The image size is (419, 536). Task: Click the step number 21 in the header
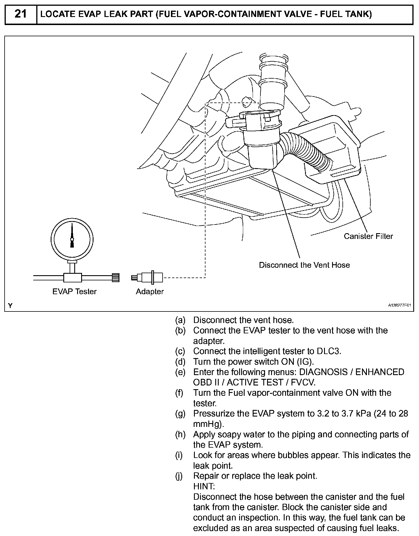tap(20, 14)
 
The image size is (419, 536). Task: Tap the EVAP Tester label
tap(74, 291)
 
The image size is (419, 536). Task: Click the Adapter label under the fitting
tap(150, 291)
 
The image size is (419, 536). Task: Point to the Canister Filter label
tap(368, 236)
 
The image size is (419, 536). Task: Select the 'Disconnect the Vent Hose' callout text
tap(304, 265)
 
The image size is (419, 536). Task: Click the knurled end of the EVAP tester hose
tap(115, 277)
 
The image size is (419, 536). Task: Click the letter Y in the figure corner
tap(11, 305)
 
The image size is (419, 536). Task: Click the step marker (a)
tap(180, 320)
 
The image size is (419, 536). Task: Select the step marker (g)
tap(180, 413)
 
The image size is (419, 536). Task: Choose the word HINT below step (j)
tap(204, 486)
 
